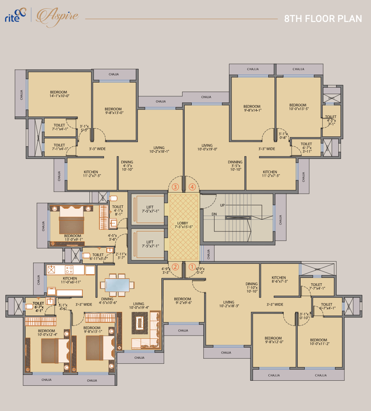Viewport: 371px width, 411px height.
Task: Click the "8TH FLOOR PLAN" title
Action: point(323,19)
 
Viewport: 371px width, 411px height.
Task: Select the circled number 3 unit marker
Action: point(176,187)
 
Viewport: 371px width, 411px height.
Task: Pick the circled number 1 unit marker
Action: point(192,267)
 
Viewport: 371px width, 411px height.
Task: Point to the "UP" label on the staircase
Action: point(222,205)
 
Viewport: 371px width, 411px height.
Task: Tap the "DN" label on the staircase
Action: point(214,214)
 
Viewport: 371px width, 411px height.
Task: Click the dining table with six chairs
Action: point(117,285)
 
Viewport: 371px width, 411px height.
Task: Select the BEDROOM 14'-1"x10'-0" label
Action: point(58,94)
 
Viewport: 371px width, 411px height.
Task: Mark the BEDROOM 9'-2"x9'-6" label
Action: point(183,301)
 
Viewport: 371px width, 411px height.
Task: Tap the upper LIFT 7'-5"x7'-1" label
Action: point(149,209)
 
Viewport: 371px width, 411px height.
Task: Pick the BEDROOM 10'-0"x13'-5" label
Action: point(298,107)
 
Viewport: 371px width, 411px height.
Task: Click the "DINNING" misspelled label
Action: point(235,162)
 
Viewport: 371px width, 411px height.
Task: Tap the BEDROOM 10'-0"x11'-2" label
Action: point(319,342)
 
